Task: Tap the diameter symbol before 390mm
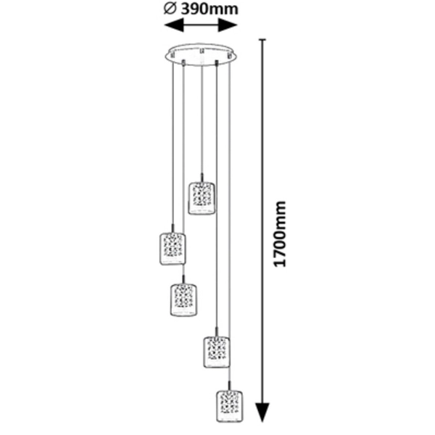(170, 9)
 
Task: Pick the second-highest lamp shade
(173, 249)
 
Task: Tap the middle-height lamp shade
(183, 299)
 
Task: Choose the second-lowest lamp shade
(216, 352)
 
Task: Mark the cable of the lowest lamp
(229, 217)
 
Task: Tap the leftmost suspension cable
(173, 145)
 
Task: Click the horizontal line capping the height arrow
(262, 39)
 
